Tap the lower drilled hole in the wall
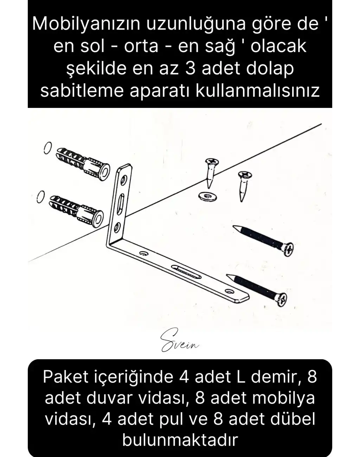click(40, 197)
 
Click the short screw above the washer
click(212, 172)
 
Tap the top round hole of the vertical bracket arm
click(123, 181)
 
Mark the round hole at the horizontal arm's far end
click(230, 291)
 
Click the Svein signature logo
click(179, 341)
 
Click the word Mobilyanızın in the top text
click(82, 24)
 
